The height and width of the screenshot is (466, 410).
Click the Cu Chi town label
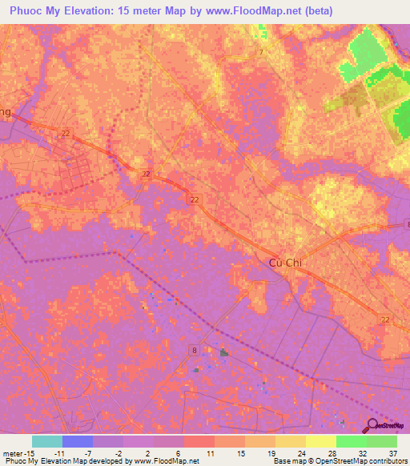pyautogui.click(x=285, y=264)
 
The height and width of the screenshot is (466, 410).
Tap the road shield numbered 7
pyautogui.click(x=261, y=52)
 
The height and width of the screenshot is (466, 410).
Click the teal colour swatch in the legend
pyautogui.click(x=47, y=441)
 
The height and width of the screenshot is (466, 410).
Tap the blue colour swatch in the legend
pyautogui.click(x=78, y=441)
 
